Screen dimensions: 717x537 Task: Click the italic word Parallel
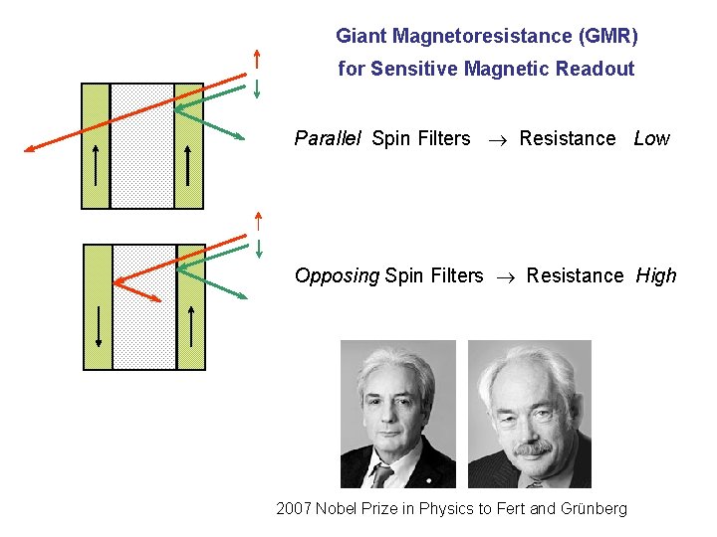coord(328,139)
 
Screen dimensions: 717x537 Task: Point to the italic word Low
coord(651,139)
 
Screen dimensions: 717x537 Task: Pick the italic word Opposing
coord(337,275)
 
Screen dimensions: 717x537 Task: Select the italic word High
coord(656,275)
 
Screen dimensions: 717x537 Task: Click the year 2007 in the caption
coord(294,509)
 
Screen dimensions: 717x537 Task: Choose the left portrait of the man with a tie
coord(398,414)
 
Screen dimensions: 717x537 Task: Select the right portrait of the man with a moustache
coord(529,414)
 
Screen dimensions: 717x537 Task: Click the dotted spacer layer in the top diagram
coord(141,145)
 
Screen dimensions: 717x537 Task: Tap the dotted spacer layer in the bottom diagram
coord(143,306)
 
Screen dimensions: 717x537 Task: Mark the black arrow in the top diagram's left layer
coord(96,164)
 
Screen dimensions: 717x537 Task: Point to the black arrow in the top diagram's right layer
coord(188,164)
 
